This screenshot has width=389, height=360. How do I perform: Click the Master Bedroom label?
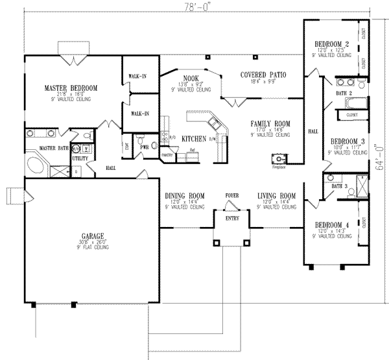(x=71, y=88)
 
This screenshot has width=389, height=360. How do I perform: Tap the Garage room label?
(x=84, y=237)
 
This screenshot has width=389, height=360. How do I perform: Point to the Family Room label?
(x=271, y=123)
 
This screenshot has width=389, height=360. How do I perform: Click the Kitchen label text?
(x=194, y=139)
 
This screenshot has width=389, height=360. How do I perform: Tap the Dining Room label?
(x=185, y=195)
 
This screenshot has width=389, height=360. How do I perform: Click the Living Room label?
(x=276, y=195)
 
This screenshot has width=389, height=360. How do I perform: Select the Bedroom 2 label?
(x=333, y=44)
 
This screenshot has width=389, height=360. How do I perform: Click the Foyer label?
(x=231, y=194)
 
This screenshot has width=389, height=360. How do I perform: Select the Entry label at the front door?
(x=231, y=219)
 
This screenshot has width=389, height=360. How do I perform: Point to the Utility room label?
(x=80, y=158)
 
